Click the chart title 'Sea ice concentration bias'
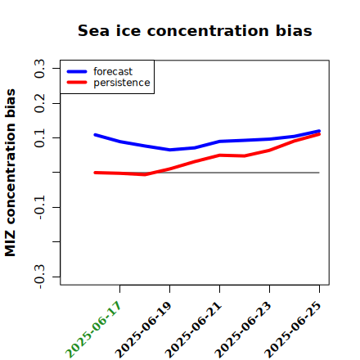coord(195,30)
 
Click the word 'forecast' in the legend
coord(113,71)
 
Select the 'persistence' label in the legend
coord(122,83)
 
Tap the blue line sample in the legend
coord(77,71)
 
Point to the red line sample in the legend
coord(77,83)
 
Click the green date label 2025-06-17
coord(93,330)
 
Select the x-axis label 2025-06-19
coord(143,330)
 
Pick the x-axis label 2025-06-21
coord(193,330)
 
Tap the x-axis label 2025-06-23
coord(243,330)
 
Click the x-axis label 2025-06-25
coord(293,330)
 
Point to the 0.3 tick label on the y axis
coord(39,69)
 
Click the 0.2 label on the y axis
coord(39,103)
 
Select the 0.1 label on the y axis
coord(39,138)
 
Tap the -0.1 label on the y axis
coord(39,208)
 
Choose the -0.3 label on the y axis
coord(39,277)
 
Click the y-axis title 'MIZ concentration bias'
coord(11,173)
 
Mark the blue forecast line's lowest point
coord(170,150)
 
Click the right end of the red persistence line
coord(319,134)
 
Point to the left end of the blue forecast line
coord(95,135)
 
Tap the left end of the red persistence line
coord(95,173)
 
